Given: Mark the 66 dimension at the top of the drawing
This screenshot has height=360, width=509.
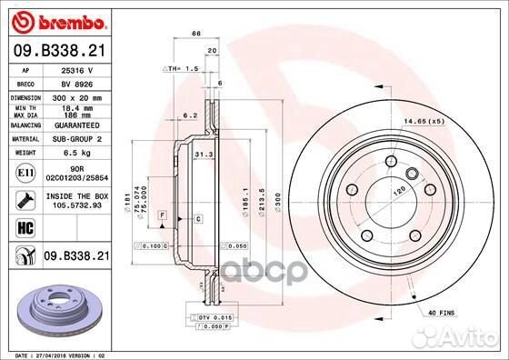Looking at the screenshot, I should (x=195, y=33).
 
